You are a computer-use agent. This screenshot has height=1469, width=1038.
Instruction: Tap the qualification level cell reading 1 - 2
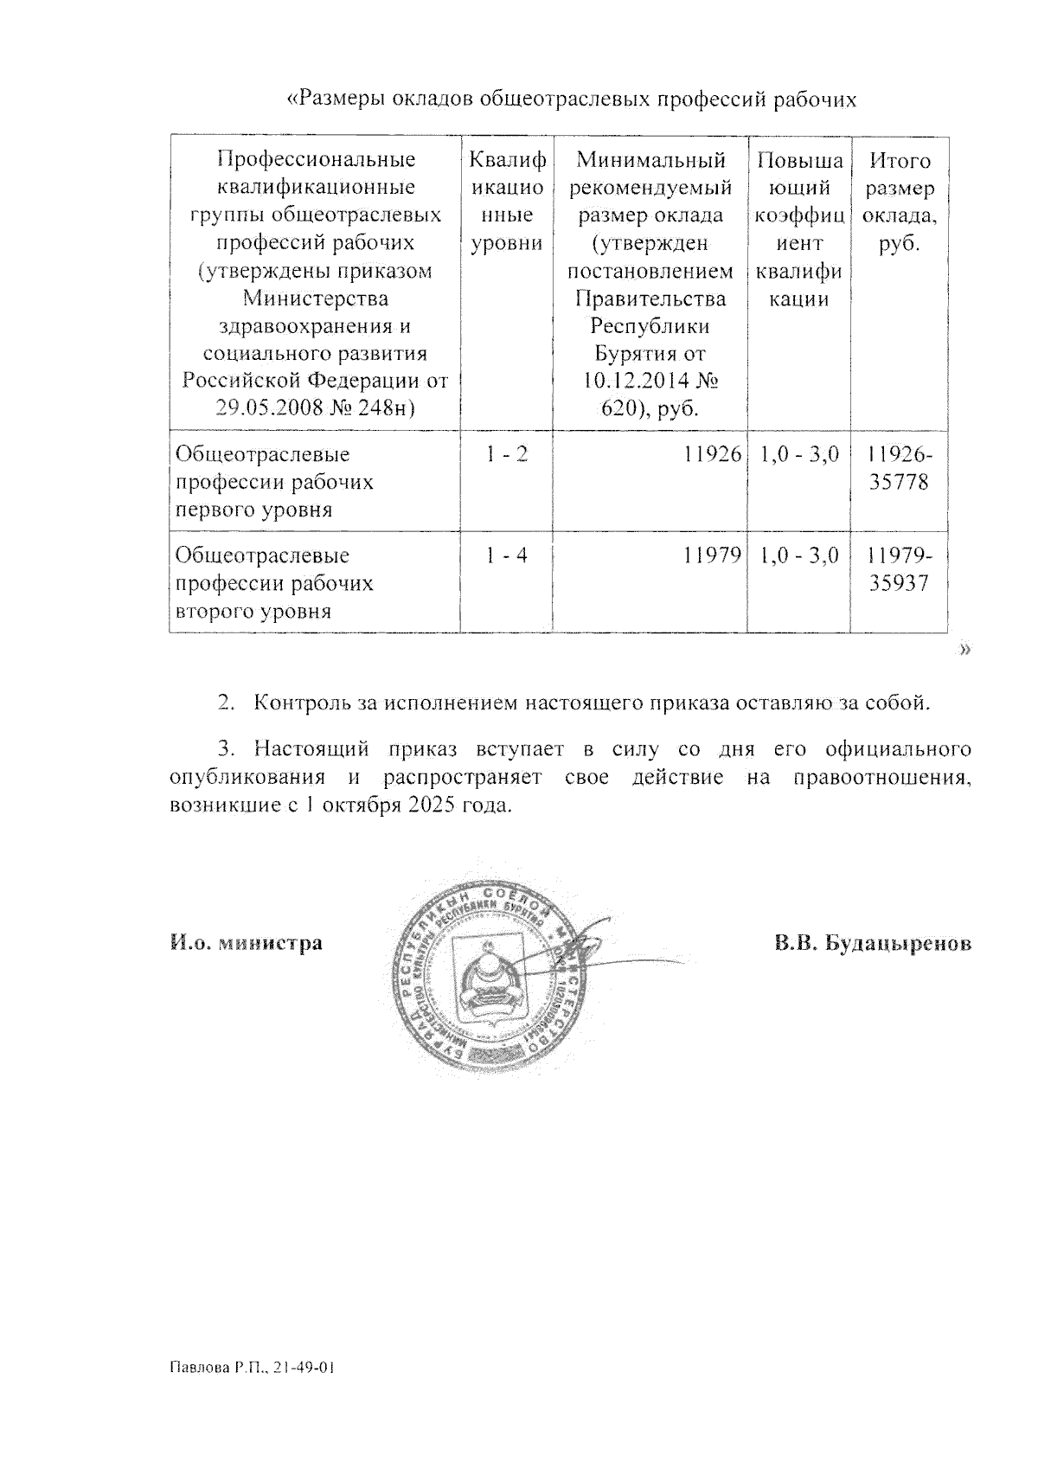point(506,453)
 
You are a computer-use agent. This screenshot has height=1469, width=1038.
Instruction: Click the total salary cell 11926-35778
point(900,468)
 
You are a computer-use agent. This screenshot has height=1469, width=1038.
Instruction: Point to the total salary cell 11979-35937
point(900,569)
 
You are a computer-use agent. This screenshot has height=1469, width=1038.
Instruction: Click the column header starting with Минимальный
point(650,160)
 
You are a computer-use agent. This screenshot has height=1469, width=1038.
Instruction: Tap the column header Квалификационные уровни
point(507,202)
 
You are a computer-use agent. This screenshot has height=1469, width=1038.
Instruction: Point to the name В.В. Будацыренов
point(873,942)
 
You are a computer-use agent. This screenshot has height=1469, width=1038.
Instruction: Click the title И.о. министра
point(246,942)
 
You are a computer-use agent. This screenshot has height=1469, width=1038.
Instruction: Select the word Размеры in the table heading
point(337,100)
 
